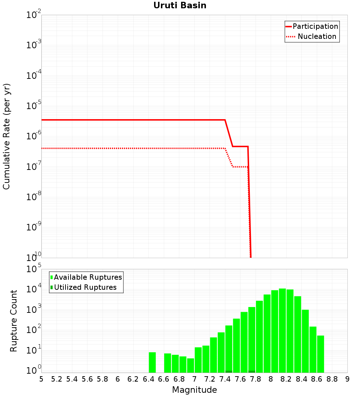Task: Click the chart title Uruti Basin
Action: (x=180, y=5)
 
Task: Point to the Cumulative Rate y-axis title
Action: (x=6, y=136)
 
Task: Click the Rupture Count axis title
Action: (x=14, y=320)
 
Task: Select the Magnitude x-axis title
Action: (x=194, y=390)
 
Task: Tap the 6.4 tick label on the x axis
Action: (x=148, y=379)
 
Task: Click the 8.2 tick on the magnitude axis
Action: (x=286, y=379)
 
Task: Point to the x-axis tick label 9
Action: (x=347, y=379)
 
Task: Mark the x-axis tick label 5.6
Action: (x=87, y=379)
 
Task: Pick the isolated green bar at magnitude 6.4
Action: (x=152, y=362)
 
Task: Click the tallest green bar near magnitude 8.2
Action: (x=282, y=330)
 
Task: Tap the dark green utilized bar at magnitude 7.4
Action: (x=229, y=372)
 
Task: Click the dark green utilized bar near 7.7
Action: (x=252, y=372)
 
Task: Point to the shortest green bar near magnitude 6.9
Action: (x=190, y=365)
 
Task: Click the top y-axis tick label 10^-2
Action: (x=34, y=15)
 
